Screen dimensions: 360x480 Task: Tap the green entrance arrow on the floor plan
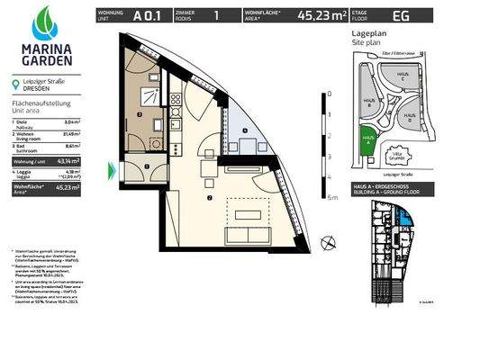point(113,167)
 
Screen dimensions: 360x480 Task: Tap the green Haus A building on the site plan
point(367,137)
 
